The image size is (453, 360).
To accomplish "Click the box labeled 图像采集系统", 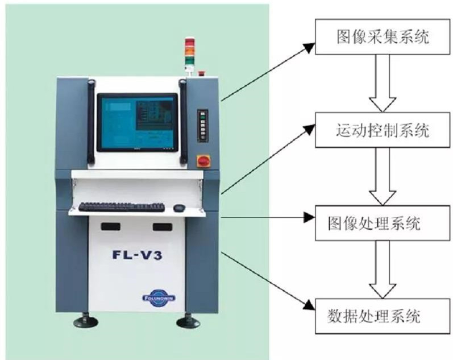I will [x=381, y=38].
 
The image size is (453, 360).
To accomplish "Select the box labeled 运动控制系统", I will [x=381, y=131].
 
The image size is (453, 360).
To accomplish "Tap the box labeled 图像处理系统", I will [x=381, y=222].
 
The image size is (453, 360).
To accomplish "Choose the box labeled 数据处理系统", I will [x=381, y=315].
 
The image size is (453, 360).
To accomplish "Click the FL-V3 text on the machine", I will [x=136, y=255].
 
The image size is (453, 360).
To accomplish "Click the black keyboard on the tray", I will [x=121, y=207].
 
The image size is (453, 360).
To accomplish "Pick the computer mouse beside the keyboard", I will [x=179, y=208].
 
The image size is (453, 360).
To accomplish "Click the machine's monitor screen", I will [x=137, y=122].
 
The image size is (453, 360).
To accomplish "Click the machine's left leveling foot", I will [x=86, y=321].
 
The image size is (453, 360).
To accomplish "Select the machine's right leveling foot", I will [x=188, y=321].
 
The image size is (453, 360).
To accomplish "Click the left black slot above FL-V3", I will [x=111, y=226].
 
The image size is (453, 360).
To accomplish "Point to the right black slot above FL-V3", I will [x=162, y=226].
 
